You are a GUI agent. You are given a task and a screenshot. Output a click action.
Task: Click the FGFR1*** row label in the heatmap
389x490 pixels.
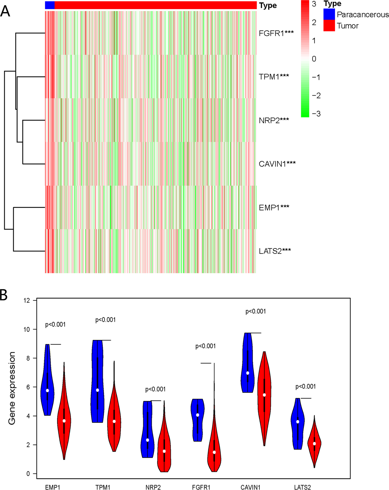tap(276, 34)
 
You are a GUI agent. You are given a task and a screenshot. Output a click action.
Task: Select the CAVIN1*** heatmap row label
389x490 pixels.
tap(277, 164)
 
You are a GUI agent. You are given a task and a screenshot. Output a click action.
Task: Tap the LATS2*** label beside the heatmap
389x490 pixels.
tap(274, 251)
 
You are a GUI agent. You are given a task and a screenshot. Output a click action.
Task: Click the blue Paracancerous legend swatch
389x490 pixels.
tap(329, 14)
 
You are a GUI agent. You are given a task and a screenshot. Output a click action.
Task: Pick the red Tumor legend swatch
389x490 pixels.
tap(329, 26)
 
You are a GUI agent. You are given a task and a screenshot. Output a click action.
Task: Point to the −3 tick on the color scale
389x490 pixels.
tap(316, 114)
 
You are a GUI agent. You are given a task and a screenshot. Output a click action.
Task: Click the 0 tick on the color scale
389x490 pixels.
tap(314, 59)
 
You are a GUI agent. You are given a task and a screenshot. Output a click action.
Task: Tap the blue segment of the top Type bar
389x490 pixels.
tap(50, 5)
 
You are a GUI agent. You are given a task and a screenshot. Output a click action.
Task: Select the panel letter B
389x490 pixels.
tap(4, 295)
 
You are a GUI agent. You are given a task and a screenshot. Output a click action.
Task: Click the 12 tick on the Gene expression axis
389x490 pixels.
tap(27, 300)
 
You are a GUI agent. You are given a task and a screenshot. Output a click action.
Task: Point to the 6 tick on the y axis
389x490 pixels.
tap(28, 387)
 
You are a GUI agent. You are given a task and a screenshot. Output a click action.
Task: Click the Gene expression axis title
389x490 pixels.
tap(12, 388)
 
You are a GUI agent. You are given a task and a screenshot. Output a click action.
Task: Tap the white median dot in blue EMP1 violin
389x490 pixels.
tap(47, 391)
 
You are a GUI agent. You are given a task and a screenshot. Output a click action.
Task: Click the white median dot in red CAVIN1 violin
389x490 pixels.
tap(264, 395)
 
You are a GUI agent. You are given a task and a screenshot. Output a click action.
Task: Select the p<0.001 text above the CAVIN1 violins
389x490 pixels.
tap(255, 311)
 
